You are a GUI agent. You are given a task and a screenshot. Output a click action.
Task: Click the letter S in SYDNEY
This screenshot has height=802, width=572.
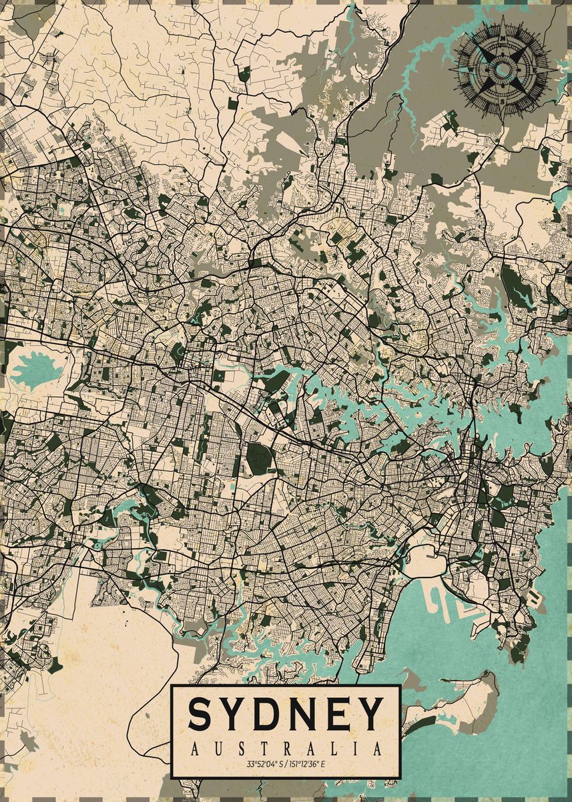pos(201,714)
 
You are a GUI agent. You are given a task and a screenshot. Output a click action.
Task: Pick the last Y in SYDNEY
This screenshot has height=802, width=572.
pos(370,714)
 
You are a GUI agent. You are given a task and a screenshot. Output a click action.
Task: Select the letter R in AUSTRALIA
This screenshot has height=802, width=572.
pos(287,749)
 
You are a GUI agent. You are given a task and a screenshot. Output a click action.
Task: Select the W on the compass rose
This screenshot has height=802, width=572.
pos(470,69)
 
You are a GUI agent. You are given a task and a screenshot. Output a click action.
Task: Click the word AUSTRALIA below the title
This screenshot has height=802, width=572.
pos(286,749)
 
